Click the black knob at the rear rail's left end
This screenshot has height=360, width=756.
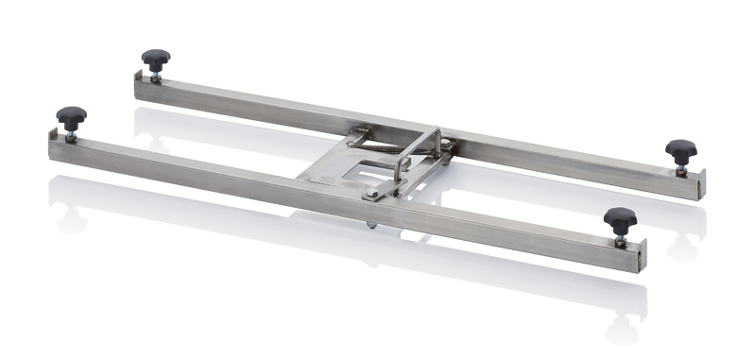click(x=156, y=60)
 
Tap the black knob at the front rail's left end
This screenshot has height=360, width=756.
click(x=71, y=116)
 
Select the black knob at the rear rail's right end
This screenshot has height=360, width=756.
click(x=680, y=149)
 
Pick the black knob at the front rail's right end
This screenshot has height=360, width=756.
click(x=620, y=218)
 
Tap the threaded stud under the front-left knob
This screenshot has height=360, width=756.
click(x=71, y=132)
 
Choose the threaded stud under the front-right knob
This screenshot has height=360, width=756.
click(x=620, y=236)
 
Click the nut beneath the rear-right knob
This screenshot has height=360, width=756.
click(x=680, y=169)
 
